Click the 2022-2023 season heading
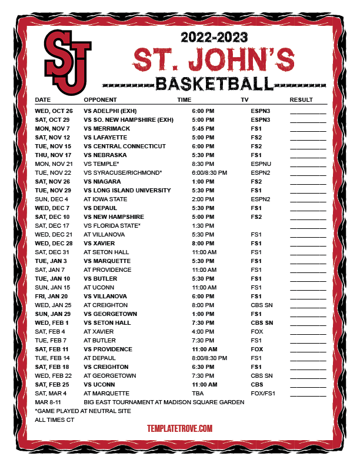tap(214, 38)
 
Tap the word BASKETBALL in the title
tap(214, 82)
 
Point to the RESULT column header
tap(301, 99)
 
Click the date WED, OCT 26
tap(54, 111)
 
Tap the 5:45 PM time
tap(203, 128)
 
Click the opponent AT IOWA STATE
tap(105, 199)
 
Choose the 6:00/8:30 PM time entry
tap(209, 172)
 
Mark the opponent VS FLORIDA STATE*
tap(112, 225)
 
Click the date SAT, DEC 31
tap(53, 252)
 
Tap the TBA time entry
tap(198, 393)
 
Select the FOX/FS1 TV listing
tap(263, 393)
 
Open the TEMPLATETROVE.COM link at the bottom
tap(179, 429)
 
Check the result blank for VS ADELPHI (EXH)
tap(308, 111)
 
